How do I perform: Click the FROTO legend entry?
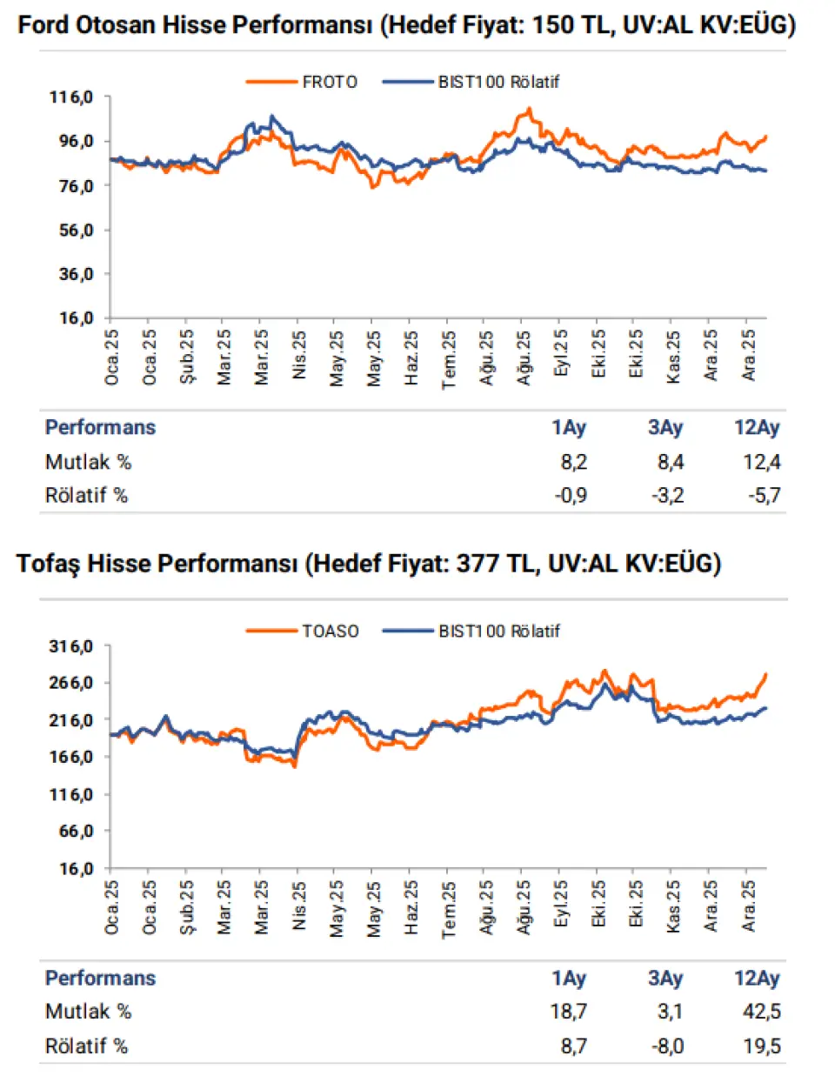[x=329, y=82]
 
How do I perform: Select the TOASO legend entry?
[x=330, y=632]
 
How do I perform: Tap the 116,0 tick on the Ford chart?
[x=71, y=97]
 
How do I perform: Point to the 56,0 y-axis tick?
[x=76, y=231]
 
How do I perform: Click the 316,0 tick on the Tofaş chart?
[x=71, y=646]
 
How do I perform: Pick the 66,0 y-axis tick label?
[x=76, y=832]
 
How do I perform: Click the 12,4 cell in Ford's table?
[x=761, y=462]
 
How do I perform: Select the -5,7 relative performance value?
[x=764, y=496]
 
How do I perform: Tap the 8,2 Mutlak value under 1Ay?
[x=573, y=462]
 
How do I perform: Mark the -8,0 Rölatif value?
[x=667, y=1046]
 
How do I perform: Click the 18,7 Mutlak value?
[x=569, y=1012]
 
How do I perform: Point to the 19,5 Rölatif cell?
[x=762, y=1046]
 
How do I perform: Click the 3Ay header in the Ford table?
[x=665, y=427]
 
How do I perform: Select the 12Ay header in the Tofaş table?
[x=757, y=978]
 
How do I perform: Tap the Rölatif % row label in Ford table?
[x=86, y=496]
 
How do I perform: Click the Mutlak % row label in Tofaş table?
[x=88, y=1012]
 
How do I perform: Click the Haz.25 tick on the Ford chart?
[x=411, y=358]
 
